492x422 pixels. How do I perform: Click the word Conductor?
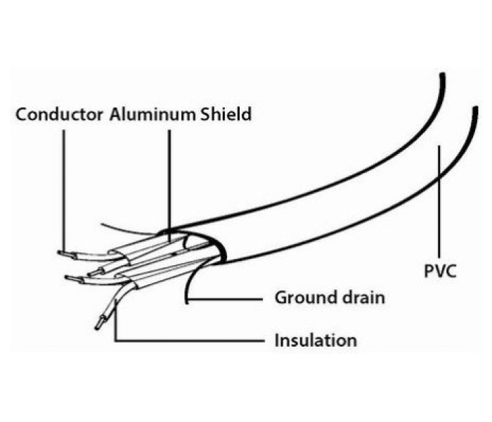pos(59,114)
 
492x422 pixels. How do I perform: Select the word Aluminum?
pos(153,114)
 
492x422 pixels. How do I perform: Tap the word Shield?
pos(226,114)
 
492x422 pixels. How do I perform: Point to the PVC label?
pos(440,271)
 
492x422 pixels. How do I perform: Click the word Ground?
pos(306,298)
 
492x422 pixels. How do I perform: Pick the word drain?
pos(363,298)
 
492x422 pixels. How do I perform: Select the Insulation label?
pos(316,340)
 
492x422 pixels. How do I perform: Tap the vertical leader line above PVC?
pos(439,201)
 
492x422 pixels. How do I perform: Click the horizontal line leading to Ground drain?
pos(225,299)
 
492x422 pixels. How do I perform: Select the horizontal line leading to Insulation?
pos(190,340)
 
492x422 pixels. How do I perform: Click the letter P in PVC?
pos(429,271)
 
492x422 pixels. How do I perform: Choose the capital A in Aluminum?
pos(116,114)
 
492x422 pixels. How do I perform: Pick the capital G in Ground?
pos(281,298)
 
